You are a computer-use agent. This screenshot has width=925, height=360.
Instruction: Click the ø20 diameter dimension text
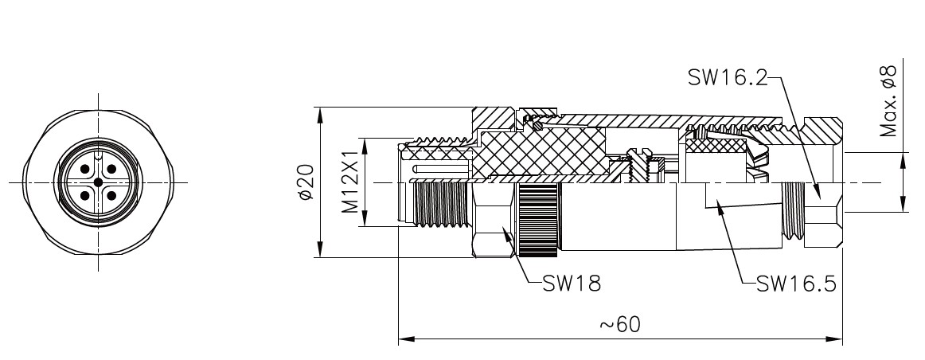306,182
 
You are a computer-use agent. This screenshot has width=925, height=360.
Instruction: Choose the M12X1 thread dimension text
349,182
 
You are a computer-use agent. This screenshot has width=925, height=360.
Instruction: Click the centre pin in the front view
98,182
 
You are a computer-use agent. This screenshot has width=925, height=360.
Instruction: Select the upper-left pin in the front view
85,170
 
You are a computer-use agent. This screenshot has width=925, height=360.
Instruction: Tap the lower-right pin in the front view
111,195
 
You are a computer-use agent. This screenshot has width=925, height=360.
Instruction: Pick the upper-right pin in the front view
111,170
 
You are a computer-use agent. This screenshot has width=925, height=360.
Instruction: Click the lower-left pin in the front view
85,195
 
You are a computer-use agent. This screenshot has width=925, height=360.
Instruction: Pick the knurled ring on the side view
538,221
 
